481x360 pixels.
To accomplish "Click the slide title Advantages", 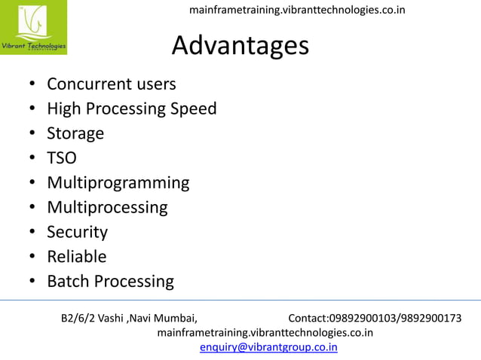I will (x=240, y=46).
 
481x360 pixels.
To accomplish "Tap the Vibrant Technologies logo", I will (x=33, y=28).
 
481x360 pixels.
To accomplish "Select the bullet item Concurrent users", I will (x=111, y=84).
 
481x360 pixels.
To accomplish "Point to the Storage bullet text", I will (x=75, y=133).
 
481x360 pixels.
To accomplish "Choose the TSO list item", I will (x=62, y=158).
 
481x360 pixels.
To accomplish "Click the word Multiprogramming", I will (x=118, y=183).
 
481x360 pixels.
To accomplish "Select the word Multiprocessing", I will (x=107, y=207).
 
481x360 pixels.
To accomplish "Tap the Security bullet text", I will (x=77, y=232).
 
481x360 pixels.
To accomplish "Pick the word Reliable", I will (x=76, y=257).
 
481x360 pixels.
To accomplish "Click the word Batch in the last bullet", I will (x=69, y=282).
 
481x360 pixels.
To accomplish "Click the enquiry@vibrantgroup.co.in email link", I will (x=268, y=347).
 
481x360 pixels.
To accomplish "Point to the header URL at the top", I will (x=296, y=10).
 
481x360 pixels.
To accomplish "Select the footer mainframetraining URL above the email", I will (x=264, y=332).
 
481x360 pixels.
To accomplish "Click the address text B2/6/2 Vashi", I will (x=92, y=318).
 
